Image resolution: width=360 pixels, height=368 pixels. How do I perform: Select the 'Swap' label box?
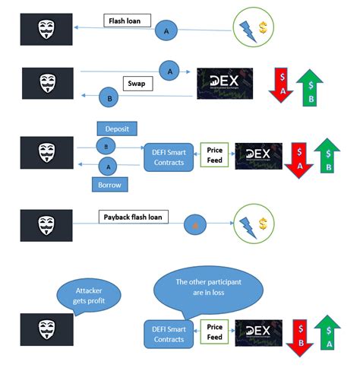pyautogui.click(x=138, y=83)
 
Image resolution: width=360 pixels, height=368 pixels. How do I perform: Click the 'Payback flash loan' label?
pyautogui.click(x=134, y=217)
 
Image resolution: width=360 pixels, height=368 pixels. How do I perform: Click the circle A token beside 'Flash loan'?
pyautogui.click(x=166, y=30)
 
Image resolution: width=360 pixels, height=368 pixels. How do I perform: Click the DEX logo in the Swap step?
pyautogui.click(x=225, y=84)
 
